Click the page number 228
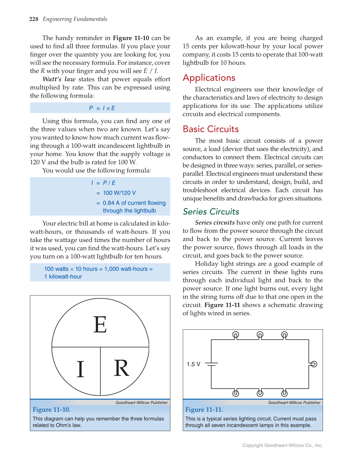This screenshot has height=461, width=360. tap(34, 19)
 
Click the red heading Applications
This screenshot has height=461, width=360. tap(209, 78)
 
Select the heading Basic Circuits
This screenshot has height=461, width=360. tap(211, 129)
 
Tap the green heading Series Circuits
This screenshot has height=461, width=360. tap(211, 212)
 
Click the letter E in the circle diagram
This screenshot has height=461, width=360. tap(100, 325)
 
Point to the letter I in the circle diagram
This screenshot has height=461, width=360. tap(80, 369)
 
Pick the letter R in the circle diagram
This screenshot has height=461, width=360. tap(121, 368)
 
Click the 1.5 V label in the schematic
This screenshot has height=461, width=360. tap(193, 364)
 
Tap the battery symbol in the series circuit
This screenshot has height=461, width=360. tap(211, 364)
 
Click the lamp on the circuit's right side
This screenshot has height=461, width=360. tap(314, 364)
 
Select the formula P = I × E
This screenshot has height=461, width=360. tap(102, 108)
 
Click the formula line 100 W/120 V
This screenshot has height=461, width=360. tap(119, 193)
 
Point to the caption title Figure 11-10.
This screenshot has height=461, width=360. tap(52, 410)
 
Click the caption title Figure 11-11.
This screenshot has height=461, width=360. tap(204, 410)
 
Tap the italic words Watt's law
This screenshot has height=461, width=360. tap(59, 79)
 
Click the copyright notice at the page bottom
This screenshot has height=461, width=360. tap(282, 445)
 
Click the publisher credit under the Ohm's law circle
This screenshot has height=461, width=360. tap(142, 403)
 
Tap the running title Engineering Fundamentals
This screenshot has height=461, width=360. tap(75, 19)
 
